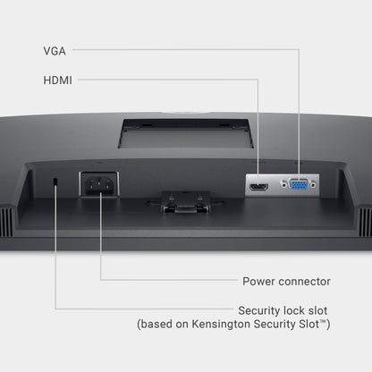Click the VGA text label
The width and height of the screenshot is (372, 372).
(55, 51)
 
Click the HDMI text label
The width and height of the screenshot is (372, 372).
(58, 80)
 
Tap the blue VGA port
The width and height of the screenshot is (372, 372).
(299, 184)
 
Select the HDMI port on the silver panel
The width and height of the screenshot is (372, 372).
(258, 187)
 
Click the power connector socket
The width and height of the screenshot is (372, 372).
(99, 184)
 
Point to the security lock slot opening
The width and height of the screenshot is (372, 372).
(55, 182)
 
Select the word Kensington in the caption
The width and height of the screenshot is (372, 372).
(221, 324)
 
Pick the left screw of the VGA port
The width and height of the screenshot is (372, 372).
(283, 185)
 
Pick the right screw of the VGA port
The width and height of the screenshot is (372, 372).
(313, 185)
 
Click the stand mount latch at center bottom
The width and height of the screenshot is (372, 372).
(185, 203)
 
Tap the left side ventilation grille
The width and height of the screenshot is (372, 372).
(6, 222)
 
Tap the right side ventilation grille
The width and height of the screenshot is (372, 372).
(366, 222)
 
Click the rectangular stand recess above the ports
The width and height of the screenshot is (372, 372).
(185, 133)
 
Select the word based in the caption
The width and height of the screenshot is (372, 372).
(156, 324)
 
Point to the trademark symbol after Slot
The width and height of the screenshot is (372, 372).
(323, 321)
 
